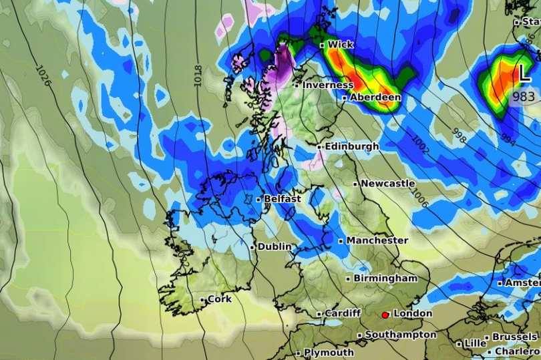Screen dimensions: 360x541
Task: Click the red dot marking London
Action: click(x=385, y=315)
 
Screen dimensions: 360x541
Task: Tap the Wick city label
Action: click(x=341, y=45)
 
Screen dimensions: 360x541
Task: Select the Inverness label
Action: click(x=327, y=85)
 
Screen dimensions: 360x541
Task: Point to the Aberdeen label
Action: click(x=375, y=98)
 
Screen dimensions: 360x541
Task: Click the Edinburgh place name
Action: click(x=352, y=146)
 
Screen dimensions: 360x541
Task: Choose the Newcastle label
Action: click(x=387, y=184)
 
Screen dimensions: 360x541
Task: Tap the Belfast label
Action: click(x=283, y=199)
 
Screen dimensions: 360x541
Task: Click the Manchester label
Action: click(x=377, y=240)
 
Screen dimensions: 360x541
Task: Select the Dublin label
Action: click(x=275, y=247)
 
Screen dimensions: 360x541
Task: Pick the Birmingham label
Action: click(x=385, y=279)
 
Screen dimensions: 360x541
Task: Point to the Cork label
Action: click(x=219, y=300)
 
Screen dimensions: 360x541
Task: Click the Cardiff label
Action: click(x=343, y=313)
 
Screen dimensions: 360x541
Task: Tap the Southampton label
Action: click(x=401, y=335)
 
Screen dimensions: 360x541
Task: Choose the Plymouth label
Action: click(x=329, y=353)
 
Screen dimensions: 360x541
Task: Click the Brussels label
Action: click(x=514, y=337)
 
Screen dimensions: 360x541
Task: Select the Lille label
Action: click(x=475, y=344)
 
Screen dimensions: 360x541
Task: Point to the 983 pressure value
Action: click(x=524, y=96)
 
